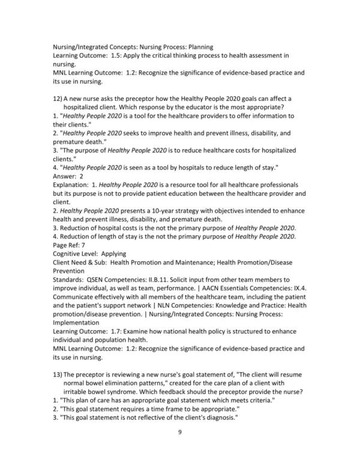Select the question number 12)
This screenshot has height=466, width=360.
(59, 98)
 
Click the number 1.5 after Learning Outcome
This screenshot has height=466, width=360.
(119, 55)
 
